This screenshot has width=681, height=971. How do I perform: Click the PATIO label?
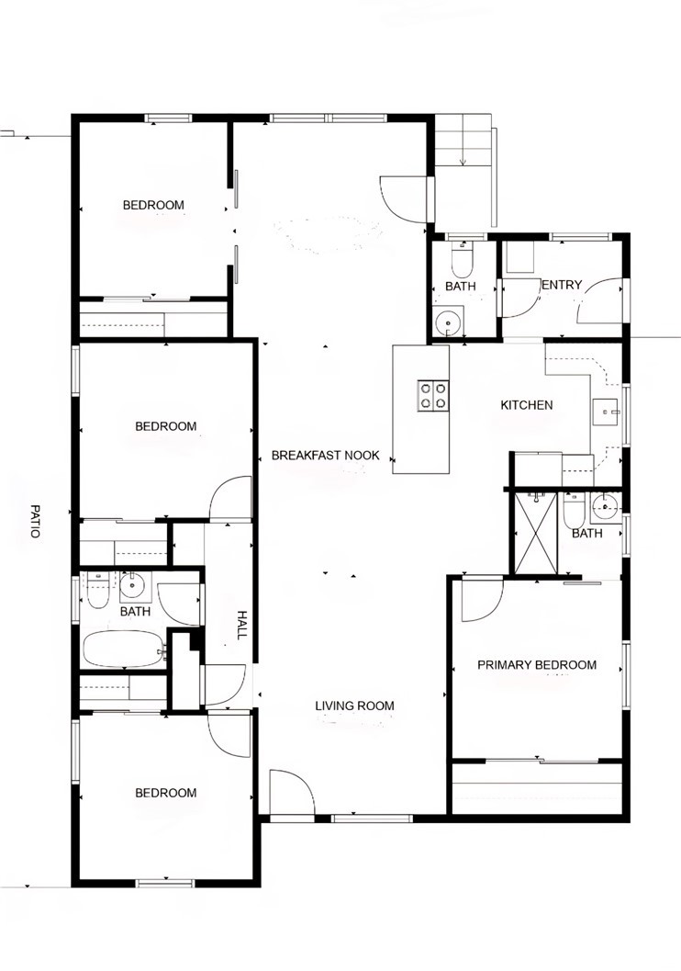point(35,521)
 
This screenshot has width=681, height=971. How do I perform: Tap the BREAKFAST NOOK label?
point(325,455)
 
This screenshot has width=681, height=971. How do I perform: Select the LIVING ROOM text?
point(354,706)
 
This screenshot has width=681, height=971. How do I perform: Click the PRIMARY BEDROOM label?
point(537,664)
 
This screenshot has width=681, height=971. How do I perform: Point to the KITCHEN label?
point(527,405)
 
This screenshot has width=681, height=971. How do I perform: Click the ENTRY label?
point(562,285)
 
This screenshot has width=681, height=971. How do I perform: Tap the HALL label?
point(242,625)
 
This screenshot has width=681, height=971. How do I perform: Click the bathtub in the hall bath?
point(124,649)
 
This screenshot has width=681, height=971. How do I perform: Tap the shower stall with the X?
point(536,533)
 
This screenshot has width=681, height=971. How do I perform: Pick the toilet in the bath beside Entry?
point(462,260)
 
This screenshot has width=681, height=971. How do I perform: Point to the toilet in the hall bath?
point(97,590)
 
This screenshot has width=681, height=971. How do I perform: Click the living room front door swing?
point(292,793)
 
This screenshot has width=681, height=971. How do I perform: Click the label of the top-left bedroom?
point(153,205)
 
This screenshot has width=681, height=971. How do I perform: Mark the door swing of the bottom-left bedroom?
point(229,733)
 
